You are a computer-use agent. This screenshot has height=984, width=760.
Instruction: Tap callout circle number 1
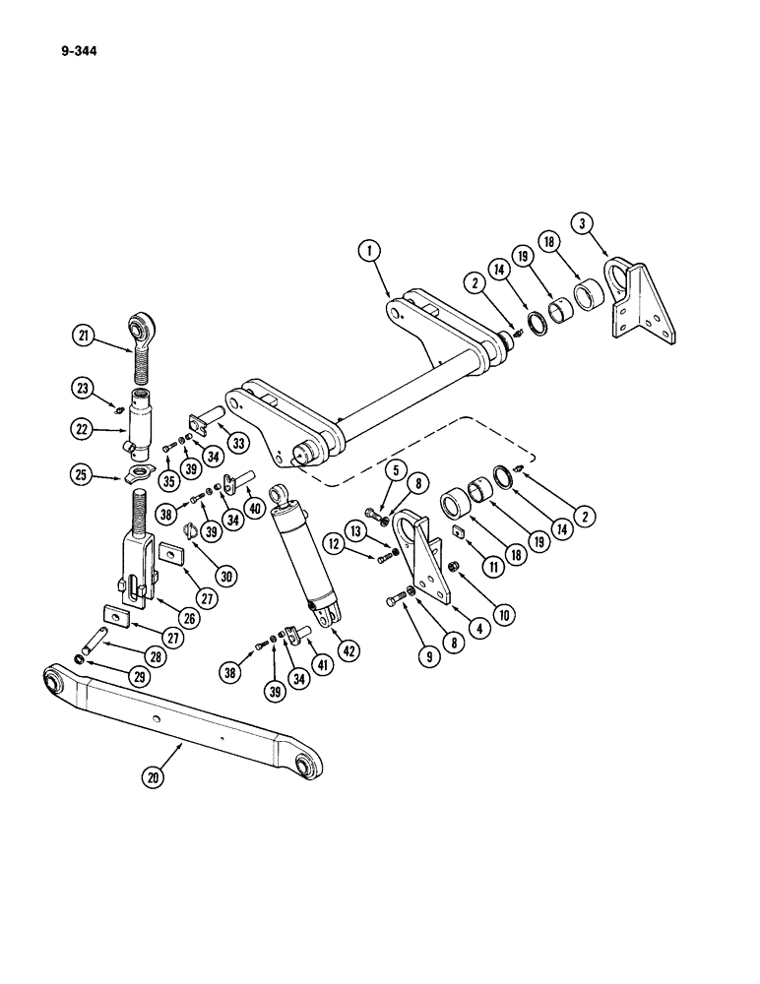pos(370,252)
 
